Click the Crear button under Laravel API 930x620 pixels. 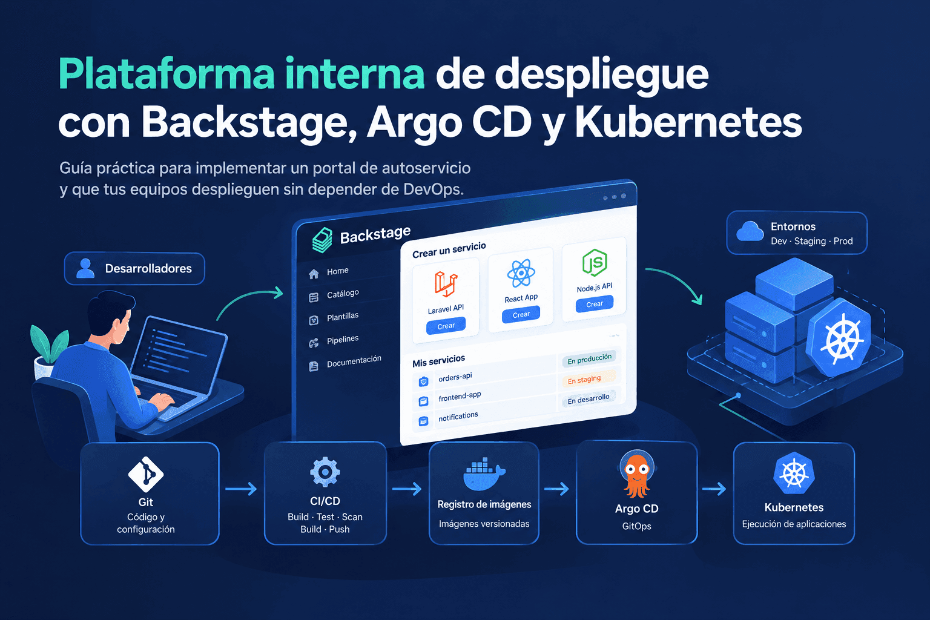pos(446,326)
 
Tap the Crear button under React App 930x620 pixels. pos(521,314)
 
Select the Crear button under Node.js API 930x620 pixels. pos(595,303)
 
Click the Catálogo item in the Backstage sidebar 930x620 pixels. pos(343,294)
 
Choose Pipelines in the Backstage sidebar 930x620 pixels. pos(343,340)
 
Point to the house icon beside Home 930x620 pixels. pos(314,274)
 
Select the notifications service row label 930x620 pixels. pos(458,416)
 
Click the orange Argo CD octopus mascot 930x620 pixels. pos(636,474)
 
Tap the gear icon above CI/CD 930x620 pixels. pos(325,472)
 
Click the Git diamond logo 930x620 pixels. pos(146,474)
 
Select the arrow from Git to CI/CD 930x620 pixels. pos(241,489)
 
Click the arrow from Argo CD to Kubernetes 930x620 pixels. pos(714,489)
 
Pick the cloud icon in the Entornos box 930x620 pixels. pos(750,231)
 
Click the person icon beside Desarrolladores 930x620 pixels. pos(85,268)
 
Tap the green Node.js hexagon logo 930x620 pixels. pos(595,262)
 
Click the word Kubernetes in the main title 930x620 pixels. pos(688,122)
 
